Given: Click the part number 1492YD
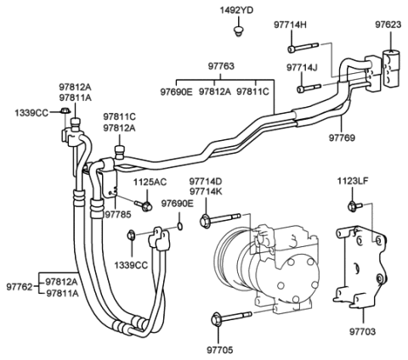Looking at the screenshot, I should [x=237, y=10].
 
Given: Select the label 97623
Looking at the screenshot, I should [x=390, y=26].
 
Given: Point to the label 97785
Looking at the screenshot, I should [x=118, y=216].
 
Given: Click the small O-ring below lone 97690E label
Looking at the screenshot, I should [x=181, y=227].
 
